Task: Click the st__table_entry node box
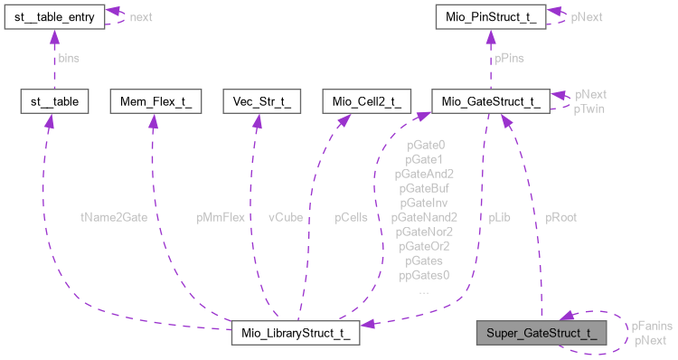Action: click(x=54, y=16)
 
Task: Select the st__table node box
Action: click(x=53, y=101)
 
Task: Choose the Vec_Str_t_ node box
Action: click(x=257, y=101)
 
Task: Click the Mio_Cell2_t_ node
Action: click(x=363, y=101)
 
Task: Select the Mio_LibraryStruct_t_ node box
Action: click(x=296, y=332)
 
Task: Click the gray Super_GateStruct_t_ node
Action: click(x=541, y=332)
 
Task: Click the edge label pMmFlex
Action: click(x=221, y=217)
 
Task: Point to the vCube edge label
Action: click(x=287, y=217)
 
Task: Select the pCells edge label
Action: click(x=352, y=217)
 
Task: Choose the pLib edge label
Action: click(x=500, y=217)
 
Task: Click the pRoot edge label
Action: click(x=560, y=217)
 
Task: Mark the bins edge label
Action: click(x=69, y=58)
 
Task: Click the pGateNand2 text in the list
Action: click(x=424, y=217)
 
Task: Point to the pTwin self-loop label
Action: click(x=589, y=109)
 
